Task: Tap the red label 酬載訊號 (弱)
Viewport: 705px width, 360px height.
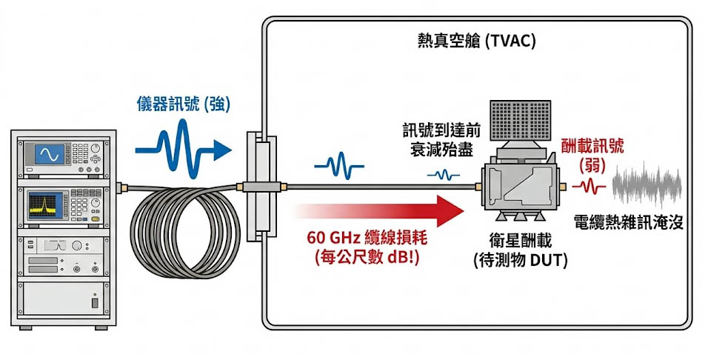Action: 592,153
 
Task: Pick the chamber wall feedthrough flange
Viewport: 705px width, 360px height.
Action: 255,186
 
